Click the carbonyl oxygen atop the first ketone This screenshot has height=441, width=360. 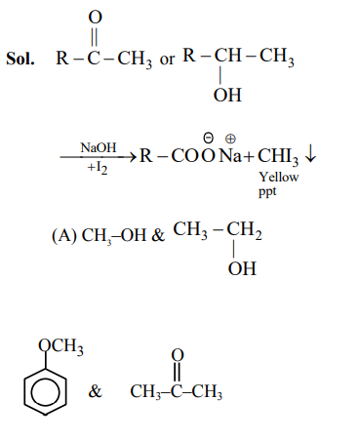pyautogui.click(x=94, y=15)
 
